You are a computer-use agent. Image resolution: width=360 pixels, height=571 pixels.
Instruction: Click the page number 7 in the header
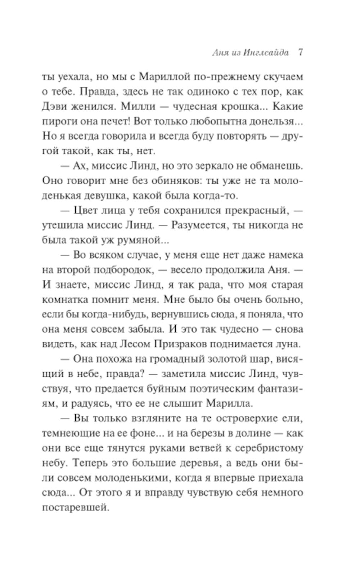tap(300, 53)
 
